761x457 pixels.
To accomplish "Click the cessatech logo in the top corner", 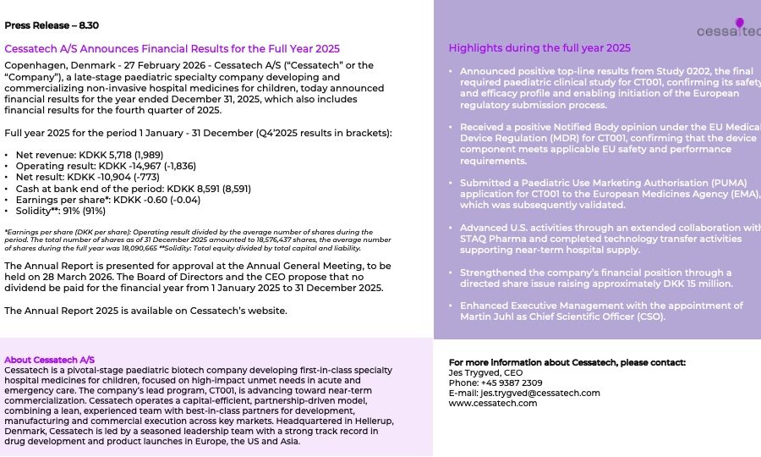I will (728, 29).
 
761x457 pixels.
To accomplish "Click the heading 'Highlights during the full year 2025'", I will (539, 48).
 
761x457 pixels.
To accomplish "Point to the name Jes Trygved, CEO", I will (486, 372).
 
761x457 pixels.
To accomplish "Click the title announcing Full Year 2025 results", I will (172, 49).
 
